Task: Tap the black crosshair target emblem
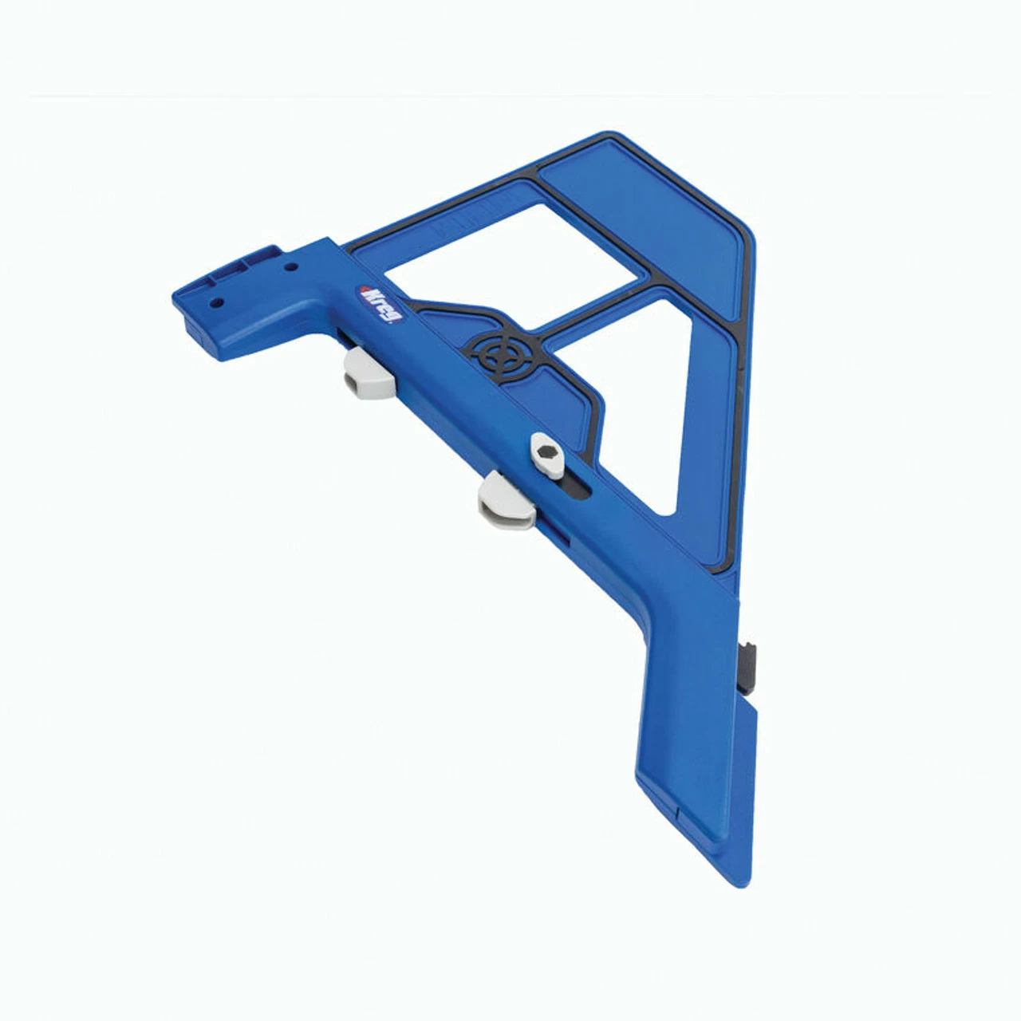(500, 356)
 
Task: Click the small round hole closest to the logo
(290, 267)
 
